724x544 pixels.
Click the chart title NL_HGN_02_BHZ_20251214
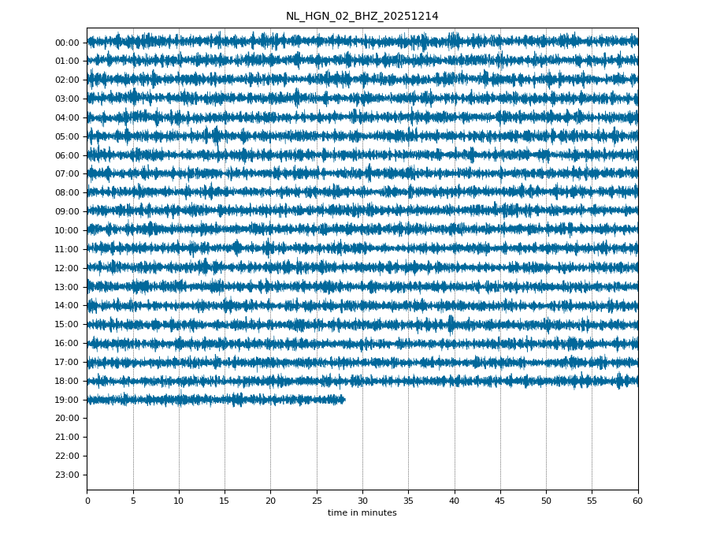tap(362, 17)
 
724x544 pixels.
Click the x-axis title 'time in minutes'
tap(362, 513)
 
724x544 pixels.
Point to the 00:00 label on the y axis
tap(67, 43)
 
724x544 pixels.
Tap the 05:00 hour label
tap(67, 136)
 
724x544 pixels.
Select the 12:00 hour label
tap(67, 268)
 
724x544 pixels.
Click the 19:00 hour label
tap(67, 400)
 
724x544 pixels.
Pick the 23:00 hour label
tap(67, 475)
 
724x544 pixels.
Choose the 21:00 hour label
tap(67, 437)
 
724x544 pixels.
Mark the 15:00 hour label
tap(67, 324)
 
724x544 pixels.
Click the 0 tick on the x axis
tap(87, 501)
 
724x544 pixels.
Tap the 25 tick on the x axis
tap(317, 501)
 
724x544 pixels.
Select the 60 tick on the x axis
tap(637, 501)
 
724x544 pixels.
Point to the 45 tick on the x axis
tap(500, 501)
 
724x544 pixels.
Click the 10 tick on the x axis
tap(179, 501)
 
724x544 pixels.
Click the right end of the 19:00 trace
tap(344, 400)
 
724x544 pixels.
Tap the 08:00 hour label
tap(67, 192)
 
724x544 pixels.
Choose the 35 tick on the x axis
tap(408, 501)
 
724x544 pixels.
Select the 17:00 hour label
tap(67, 362)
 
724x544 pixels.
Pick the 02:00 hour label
tap(67, 80)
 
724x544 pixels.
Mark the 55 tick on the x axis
tap(592, 501)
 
